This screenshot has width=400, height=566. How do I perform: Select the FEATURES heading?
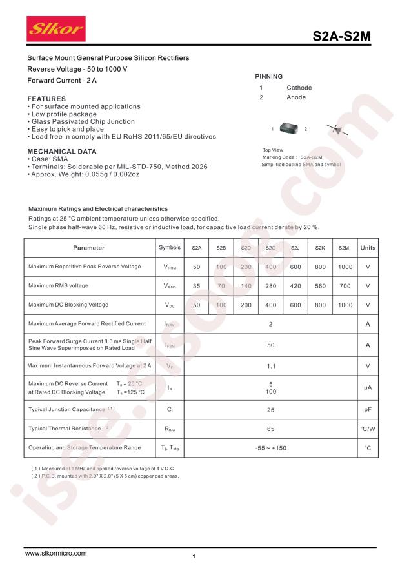click(46, 99)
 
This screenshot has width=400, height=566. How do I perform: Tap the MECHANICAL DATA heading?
click(62, 152)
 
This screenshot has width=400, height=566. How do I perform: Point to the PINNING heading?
click(269, 76)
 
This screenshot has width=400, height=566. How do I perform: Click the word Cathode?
click(299, 88)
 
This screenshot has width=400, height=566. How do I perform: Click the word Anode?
click(296, 97)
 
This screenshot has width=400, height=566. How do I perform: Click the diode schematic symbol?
click(337, 129)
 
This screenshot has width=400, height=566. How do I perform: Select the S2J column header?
click(295, 248)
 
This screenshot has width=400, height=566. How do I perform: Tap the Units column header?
click(368, 248)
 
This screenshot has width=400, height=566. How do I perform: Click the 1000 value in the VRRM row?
click(345, 267)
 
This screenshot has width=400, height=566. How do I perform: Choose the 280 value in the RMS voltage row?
click(271, 285)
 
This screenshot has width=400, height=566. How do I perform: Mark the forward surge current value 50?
click(271, 345)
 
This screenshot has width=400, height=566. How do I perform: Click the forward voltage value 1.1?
click(271, 366)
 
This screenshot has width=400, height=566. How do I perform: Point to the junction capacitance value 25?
click(271, 409)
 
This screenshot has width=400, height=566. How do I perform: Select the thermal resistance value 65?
click(271, 429)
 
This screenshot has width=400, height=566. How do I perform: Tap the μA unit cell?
click(368, 387)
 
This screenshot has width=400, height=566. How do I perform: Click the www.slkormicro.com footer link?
click(55, 553)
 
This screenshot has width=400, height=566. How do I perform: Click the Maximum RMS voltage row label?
click(59, 285)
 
